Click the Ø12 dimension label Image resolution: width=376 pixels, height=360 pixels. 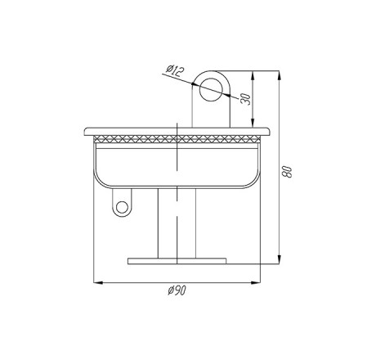click(x=175, y=70)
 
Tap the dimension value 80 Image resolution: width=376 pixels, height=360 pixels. click(x=287, y=171)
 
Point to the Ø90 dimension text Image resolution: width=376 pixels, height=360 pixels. click(x=177, y=290)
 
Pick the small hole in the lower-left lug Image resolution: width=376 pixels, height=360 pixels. click(x=122, y=207)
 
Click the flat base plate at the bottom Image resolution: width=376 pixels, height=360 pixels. click(x=177, y=261)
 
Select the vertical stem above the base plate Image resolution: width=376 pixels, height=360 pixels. click(x=177, y=223)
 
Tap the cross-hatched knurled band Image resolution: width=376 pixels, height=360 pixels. click(x=177, y=139)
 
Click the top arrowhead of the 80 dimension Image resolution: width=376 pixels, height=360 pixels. click(x=279, y=75)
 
